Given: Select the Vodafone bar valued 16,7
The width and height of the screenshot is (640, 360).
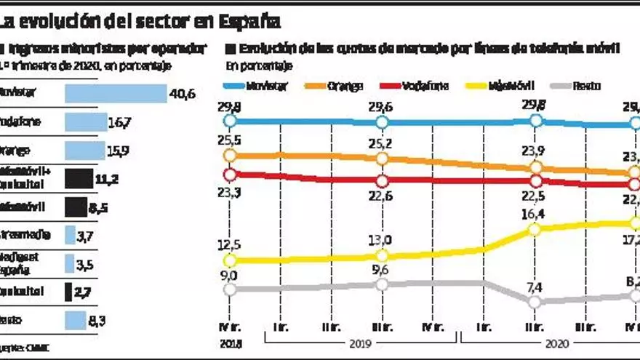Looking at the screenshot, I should (86, 122).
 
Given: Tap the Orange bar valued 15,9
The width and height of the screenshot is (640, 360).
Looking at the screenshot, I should (85, 151).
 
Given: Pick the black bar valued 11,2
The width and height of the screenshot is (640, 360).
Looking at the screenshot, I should (79, 178).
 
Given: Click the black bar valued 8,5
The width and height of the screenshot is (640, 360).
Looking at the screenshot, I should (76, 207).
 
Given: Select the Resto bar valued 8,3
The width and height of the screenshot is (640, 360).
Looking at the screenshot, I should (76, 320).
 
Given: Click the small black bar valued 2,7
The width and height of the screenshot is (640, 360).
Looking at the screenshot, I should (68, 292).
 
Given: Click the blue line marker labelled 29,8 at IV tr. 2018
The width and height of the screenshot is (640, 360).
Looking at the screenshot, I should (231, 121).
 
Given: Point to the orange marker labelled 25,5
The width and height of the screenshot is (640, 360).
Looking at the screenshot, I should (231, 155).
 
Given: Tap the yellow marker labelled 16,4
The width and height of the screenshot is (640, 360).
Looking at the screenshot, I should (536, 229).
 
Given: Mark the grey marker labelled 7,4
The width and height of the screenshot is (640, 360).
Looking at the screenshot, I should (536, 301).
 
